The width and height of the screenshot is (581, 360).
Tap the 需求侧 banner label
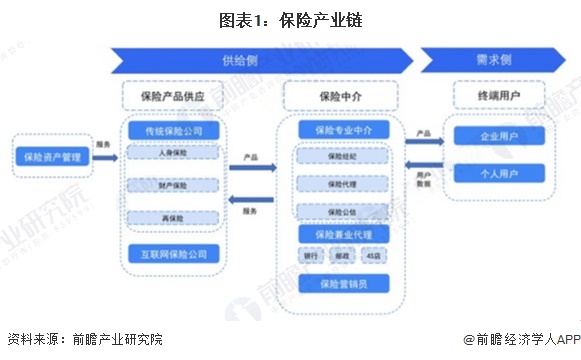(x=497, y=59)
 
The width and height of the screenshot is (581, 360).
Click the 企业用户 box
(x=499, y=136)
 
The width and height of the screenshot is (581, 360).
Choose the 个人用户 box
(x=499, y=172)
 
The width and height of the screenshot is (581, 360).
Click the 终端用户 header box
(x=499, y=96)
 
